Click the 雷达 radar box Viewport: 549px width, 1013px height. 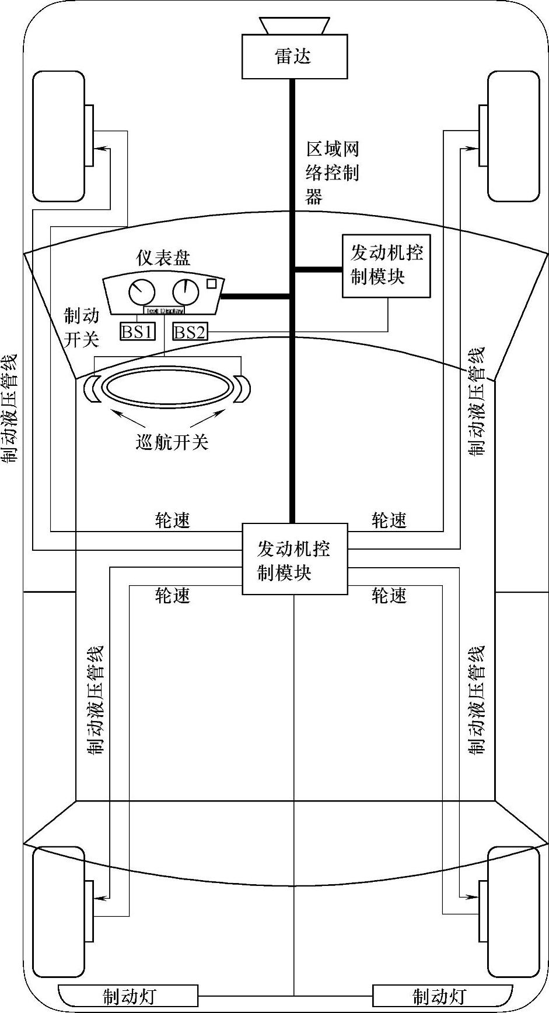coord(295,57)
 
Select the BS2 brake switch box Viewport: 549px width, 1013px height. coord(190,332)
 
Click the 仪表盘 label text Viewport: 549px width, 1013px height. coord(163,258)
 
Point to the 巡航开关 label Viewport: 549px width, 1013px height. coord(172,442)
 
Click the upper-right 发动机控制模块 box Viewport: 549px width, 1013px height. coord(386,266)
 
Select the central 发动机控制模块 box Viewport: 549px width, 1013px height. coord(295,559)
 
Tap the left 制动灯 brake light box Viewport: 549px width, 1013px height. coord(129,996)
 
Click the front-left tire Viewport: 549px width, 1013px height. coord(58,136)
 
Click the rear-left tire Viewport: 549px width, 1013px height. coord(58,911)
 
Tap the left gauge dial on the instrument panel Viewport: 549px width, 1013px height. coord(142,291)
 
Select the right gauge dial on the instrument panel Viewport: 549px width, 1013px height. coord(186,291)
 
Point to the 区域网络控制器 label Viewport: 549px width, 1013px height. coord(332,173)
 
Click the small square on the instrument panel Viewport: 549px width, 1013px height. coord(212,284)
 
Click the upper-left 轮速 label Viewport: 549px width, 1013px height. coord(173,520)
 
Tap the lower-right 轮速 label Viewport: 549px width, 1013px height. coord(389,595)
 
